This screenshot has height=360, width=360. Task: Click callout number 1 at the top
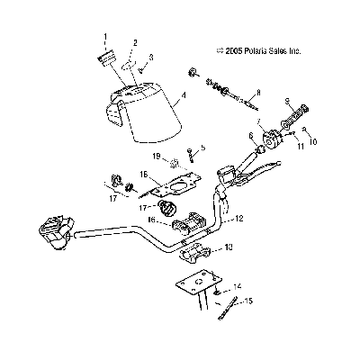coord(105,37)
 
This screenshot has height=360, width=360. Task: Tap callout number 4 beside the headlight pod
coord(184,95)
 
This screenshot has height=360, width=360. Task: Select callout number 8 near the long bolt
coord(258,93)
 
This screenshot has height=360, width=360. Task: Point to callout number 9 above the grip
coord(287,103)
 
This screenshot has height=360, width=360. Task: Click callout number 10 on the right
coord(313,141)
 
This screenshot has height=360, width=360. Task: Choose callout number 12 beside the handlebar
coord(239,219)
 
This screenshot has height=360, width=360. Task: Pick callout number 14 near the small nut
coord(238,286)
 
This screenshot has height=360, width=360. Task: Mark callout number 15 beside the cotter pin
coord(248,301)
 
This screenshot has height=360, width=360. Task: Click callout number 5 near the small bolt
coord(203,148)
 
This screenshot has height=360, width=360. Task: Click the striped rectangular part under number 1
coord(107,57)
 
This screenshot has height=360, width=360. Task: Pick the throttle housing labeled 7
coord(273,138)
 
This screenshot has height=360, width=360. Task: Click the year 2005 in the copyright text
coord(233,51)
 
